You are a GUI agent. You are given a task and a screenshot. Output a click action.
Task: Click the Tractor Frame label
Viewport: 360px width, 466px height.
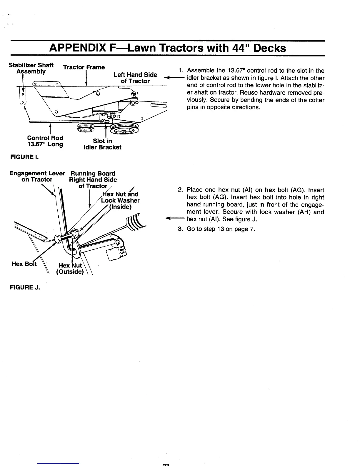click(84, 67)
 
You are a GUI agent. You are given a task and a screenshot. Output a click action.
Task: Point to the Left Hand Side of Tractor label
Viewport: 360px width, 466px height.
click(135, 78)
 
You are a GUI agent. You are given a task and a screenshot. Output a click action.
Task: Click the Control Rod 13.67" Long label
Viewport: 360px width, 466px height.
click(45, 141)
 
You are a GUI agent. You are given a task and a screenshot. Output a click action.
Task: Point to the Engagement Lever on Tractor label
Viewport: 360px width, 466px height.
click(37, 177)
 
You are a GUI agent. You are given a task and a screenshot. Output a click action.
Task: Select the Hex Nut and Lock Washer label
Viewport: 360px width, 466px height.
click(120, 200)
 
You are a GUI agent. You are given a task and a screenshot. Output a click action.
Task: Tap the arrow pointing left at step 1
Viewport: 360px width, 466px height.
click(174, 78)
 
